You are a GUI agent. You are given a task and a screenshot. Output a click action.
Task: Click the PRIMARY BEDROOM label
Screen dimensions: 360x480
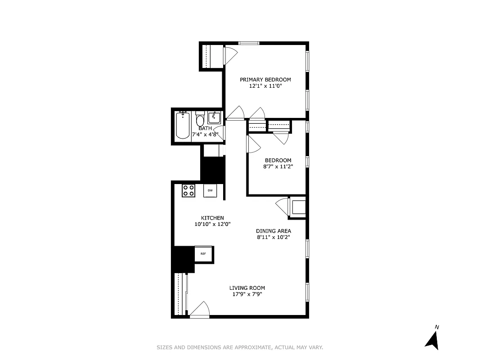click(x=265, y=80)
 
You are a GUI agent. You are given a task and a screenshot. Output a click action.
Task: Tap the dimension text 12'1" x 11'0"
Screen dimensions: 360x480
click(x=265, y=86)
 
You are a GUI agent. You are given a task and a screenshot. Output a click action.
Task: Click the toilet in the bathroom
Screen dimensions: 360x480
click(x=200, y=121)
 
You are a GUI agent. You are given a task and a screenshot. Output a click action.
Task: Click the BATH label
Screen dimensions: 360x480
click(x=205, y=128)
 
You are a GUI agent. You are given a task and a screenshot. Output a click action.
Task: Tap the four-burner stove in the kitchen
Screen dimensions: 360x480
click(x=188, y=190)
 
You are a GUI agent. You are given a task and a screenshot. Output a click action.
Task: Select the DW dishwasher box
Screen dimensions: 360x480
click(x=210, y=190)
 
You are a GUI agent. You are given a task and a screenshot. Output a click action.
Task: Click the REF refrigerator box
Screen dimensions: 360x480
click(x=203, y=254)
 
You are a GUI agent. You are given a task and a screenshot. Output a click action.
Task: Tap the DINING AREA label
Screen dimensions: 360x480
click(x=274, y=231)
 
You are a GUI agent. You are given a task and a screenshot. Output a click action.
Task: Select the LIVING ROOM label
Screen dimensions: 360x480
click(x=247, y=288)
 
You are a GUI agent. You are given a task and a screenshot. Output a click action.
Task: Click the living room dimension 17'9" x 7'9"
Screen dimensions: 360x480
click(x=247, y=294)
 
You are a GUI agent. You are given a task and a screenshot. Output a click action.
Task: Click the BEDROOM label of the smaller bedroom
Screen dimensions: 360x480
click(x=278, y=160)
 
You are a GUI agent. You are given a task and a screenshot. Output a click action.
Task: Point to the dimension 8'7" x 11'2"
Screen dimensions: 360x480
click(x=278, y=166)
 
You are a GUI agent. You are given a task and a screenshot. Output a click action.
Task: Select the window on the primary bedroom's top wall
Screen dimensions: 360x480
click(x=249, y=43)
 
